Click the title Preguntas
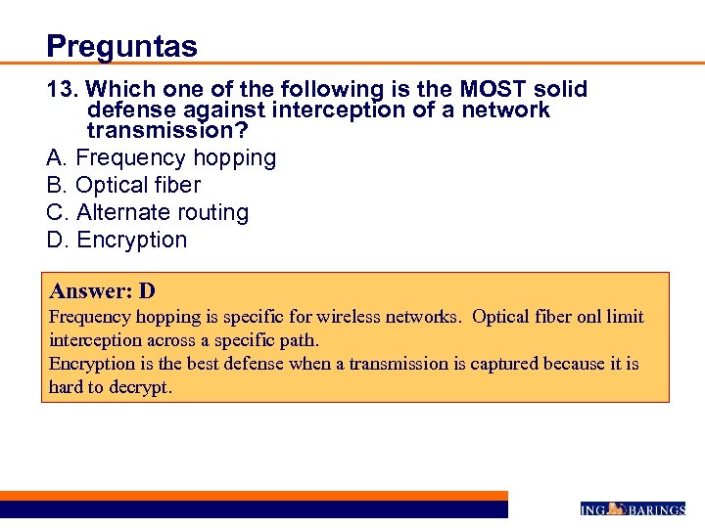pyautogui.click(x=121, y=46)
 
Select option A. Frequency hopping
pyautogui.click(x=162, y=157)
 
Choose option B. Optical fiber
pyautogui.click(x=123, y=185)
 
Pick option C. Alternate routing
pyautogui.click(x=148, y=212)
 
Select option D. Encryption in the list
pyautogui.click(x=117, y=240)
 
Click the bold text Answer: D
pyautogui.click(x=103, y=291)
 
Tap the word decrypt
pyautogui.click(x=140, y=387)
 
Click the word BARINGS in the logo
pyautogui.click(x=655, y=508)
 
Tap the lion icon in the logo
pyautogui.click(x=616, y=507)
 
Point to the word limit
pyautogui.click(x=626, y=318)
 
